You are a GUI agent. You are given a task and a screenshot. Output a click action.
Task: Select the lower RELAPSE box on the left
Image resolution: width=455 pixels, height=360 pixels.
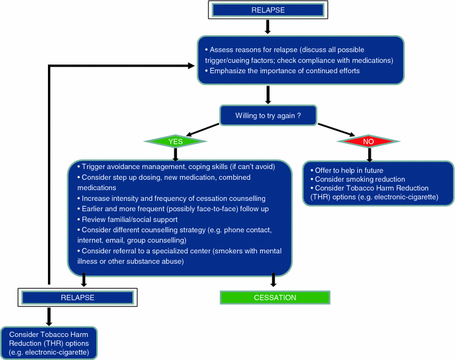(x=77, y=297)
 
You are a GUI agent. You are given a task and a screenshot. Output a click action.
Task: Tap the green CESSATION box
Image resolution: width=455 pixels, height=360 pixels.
(x=275, y=297)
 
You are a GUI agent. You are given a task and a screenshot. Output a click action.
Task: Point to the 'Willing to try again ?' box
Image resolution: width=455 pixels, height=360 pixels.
(x=269, y=116)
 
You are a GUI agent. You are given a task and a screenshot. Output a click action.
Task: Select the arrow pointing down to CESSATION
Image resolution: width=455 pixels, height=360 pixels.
(x=274, y=279)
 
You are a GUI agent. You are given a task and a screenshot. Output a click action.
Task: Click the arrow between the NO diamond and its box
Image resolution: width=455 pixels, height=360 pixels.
(x=368, y=155)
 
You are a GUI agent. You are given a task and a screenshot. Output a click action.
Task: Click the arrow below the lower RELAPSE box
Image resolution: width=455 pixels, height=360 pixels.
(x=49, y=316)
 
